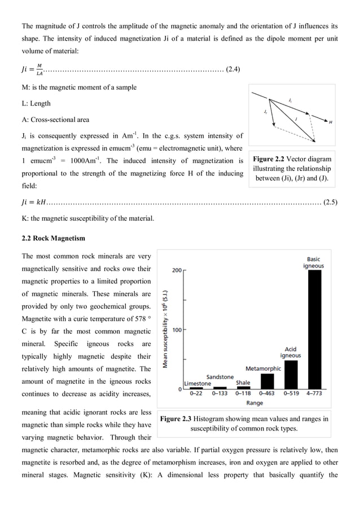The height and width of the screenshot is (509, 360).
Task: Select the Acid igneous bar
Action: [x=291, y=375]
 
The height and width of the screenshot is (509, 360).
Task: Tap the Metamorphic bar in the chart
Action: [x=266, y=381]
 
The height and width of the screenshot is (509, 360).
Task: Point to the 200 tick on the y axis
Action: [x=177, y=270]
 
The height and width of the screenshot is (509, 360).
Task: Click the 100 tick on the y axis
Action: [x=177, y=330]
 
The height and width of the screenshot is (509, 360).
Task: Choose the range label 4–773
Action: [x=315, y=394]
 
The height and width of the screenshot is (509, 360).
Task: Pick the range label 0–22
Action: [x=196, y=394]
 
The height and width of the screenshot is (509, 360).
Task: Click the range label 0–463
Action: [x=267, y=394]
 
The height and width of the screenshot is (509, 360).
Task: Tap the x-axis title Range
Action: [x=254, y=403]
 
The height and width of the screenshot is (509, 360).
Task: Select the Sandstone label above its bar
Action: [x=219, y=376]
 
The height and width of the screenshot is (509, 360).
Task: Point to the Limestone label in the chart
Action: [x=197, y=384]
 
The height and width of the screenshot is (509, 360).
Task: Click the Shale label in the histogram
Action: [x=243, y=383]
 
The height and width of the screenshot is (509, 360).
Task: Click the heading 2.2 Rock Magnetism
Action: [x=53, y=238]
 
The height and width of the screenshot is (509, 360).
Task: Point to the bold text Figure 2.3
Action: [x=178, y=419]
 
